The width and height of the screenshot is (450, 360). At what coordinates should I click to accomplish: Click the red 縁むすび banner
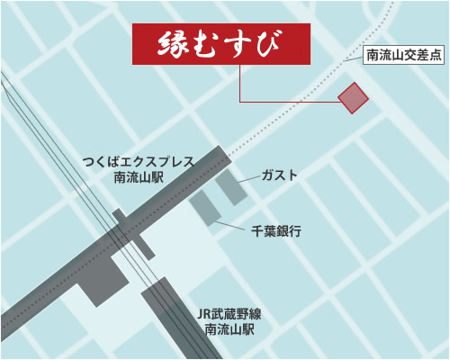pyautogui.click(x=221, y=44)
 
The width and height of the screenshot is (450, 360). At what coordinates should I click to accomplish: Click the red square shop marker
pyautogui.click(x=352, y=97)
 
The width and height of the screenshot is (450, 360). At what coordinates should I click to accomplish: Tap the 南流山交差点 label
pyautogui.click(x=404, y=56)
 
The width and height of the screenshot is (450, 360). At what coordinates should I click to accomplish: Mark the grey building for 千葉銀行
pyautogui.click(x=204, y=210)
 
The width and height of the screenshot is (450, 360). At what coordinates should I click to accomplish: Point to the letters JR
pyautogui.click(x=203, y=314)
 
